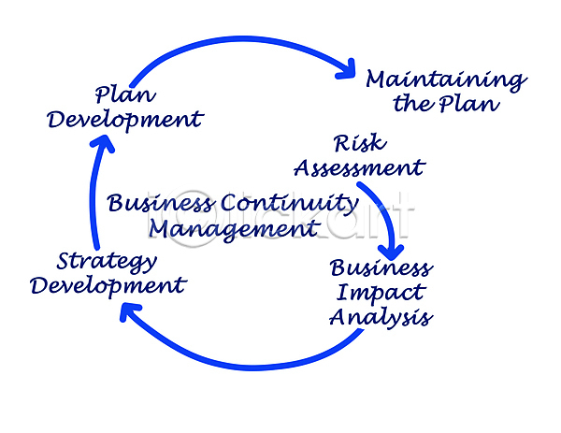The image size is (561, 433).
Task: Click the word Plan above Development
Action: pyautogui.click(x=123, y=95)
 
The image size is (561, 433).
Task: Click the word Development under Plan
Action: pyautogui.click(x=125, y=119)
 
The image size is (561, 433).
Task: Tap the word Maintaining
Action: pyautogui.click(x=445, y=79)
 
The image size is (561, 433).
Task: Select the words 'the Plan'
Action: pyautogui.click(x=446, y=103)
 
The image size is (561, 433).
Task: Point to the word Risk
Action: pyautogui.click(x=359, y=144)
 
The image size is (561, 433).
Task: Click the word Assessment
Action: pyautogui.click(x=359, y=168)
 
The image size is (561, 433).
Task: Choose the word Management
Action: pyautogui.click(x=234, y=227)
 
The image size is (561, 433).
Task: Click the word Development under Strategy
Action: pyautogui.click(x=108, y=284)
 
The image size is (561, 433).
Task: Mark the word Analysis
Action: pyautogui.click(x=381, y=317)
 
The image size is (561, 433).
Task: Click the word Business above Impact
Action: pyautogui.click(x=381, y=268)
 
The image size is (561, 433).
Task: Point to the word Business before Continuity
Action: pyautogui.click(x=161, y=203)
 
